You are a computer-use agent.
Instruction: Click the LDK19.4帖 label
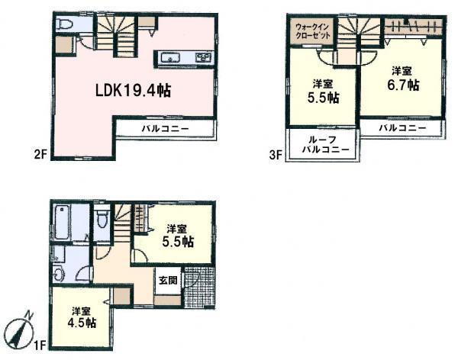click(133, 90)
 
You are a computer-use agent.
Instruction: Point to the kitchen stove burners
click(203, 57)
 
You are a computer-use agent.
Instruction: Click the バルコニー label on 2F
click(165, 128)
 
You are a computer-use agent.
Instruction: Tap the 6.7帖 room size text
click(402, 85)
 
